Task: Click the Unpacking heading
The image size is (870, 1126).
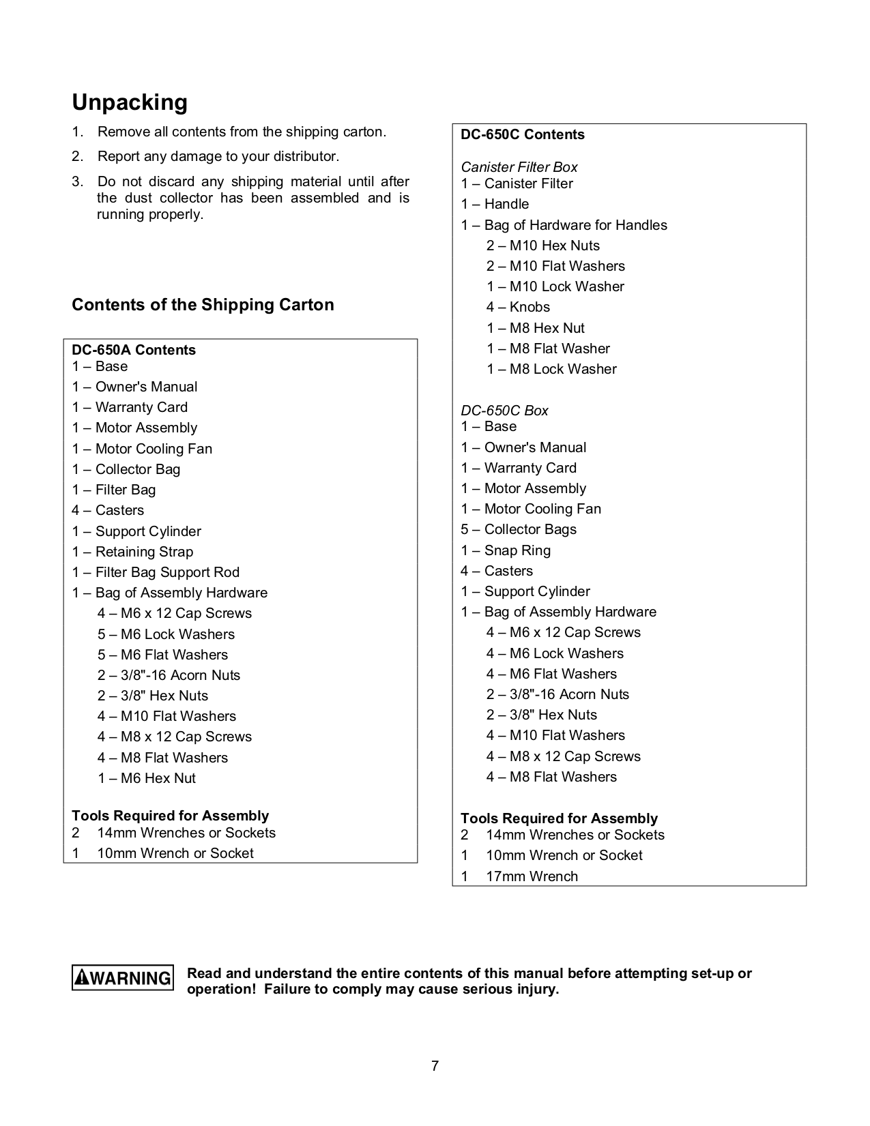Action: (130, 102)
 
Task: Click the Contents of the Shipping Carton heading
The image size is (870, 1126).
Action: (203, 305)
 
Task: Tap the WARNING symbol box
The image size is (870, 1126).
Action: (123, 978)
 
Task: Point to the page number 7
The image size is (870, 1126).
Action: (435, 1066)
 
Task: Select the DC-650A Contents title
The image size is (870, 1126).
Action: (134, 350)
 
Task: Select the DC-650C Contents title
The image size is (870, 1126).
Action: (523, 134)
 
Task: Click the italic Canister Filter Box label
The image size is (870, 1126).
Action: (519, 167)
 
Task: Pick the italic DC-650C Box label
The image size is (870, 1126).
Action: (504, 411)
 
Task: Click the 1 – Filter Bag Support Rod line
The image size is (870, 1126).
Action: (156, 572)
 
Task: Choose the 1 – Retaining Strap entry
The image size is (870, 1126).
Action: (132, 552)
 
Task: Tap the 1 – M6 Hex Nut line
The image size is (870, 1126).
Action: (147, 778)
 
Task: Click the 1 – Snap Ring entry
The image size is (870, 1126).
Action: (506, 550)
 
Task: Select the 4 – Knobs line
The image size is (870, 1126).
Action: (518, 307)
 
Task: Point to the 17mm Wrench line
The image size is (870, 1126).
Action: (532, 876)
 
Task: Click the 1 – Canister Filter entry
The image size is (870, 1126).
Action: (517, 183)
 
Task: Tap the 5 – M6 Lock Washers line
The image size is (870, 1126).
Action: (166, 634)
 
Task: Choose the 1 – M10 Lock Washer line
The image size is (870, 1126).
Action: (555, 286)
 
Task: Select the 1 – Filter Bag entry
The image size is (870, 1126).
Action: (114, 490)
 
